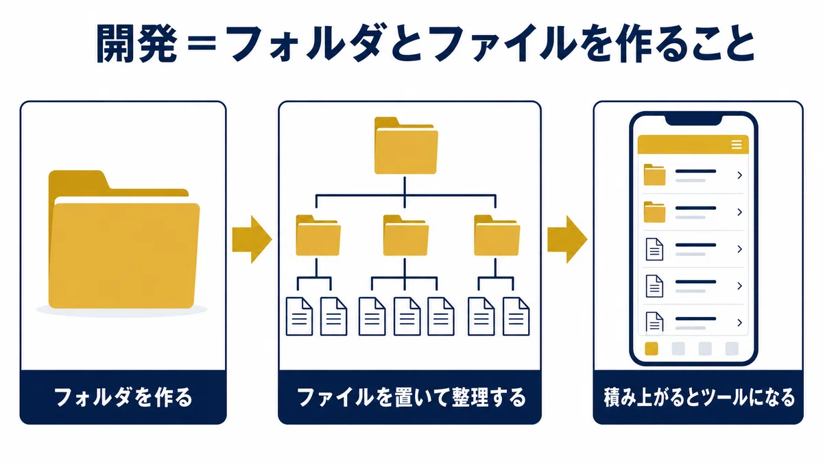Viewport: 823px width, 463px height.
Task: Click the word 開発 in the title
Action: pyautogui.click(x=136, y=43)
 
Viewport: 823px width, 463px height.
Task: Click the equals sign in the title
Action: pyautogui.click(x=202, y=44)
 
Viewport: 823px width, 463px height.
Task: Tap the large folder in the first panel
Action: pyautogui.click(x=124, y=239)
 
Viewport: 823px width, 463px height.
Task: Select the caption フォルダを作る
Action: pyautogui.click(x=123, y=397)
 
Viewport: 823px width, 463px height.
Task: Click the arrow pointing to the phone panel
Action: pyautogui.click(x=567, y=239)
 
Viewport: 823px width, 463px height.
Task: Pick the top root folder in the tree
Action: pyautogui.click(x=406, y=145)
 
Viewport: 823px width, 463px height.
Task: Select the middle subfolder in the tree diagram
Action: pyautogui.click(x=405, y=235)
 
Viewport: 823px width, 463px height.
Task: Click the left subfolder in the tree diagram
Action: pyautogui.click(x=318, y=235)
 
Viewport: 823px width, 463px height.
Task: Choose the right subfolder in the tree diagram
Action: pyautogui.click(x=497, y=235)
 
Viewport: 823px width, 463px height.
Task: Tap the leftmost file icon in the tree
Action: pyautogui.click(x=300, y=316)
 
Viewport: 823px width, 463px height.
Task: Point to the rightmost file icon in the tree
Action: pyautogui.click(x=516, y=316)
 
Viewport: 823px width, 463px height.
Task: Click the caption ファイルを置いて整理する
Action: pyautogui.click(x=411, y=397)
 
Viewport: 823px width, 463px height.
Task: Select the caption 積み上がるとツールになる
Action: pyautogui.click(x=699, y=397)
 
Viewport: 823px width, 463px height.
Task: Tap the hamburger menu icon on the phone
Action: pyautogui.click(x=737, y=145)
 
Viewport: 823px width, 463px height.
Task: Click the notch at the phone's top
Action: pyautogui.click(x=693, y=119)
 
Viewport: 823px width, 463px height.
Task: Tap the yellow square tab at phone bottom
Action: pyautogui.click(x=652, y=348)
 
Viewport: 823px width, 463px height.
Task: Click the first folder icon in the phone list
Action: pyautogui.click(x=655, y=174)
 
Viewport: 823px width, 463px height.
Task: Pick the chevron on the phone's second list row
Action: pyautogui.click(x=739, y=212)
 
